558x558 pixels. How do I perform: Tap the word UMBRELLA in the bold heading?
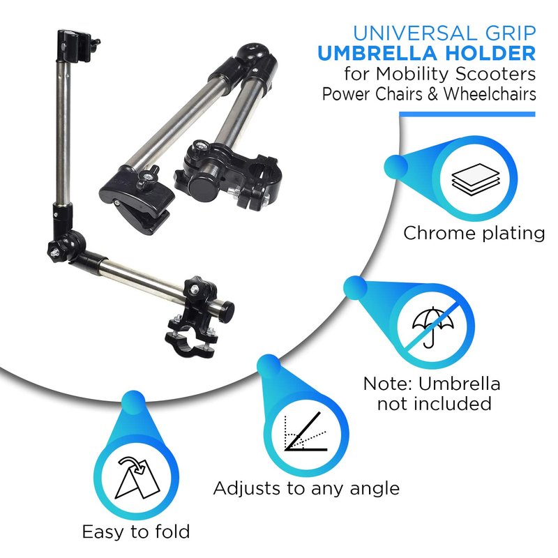(377, 54)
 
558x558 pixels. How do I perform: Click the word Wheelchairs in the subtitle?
(490, 94)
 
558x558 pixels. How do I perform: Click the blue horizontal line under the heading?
(467, 114)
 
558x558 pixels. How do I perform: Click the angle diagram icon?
(306, 432)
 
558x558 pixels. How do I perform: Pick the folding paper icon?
(137, 478)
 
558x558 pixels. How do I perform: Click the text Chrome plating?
(474, 234)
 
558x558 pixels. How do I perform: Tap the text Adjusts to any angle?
(306, 488)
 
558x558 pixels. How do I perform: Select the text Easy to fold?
(136, 531)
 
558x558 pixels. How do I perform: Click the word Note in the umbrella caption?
(388, 384)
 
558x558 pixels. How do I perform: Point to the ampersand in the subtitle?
(432, 95)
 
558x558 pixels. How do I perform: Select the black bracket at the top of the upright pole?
(75, 46)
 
